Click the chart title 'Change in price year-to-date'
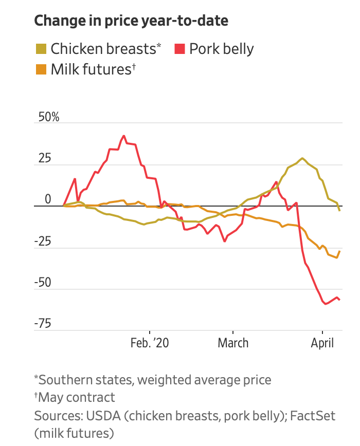pyautogui.click(x=131, y=21)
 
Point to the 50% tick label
pyautogui.click(x=47, y=117)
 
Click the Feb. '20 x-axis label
pyautogui.click(x=150, y=343)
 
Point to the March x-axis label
pyautogui.click(x=233, y=343)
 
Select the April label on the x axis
pyautogui.click(x=322, y=343)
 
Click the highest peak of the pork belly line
pyautogui.click(x=124, y=136)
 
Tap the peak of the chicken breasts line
pyautogui.click(x=302, y=158)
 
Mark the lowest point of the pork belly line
pyautogui.click(x=326, y=304)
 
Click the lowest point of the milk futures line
pyautogui.click(x=336, y=257)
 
